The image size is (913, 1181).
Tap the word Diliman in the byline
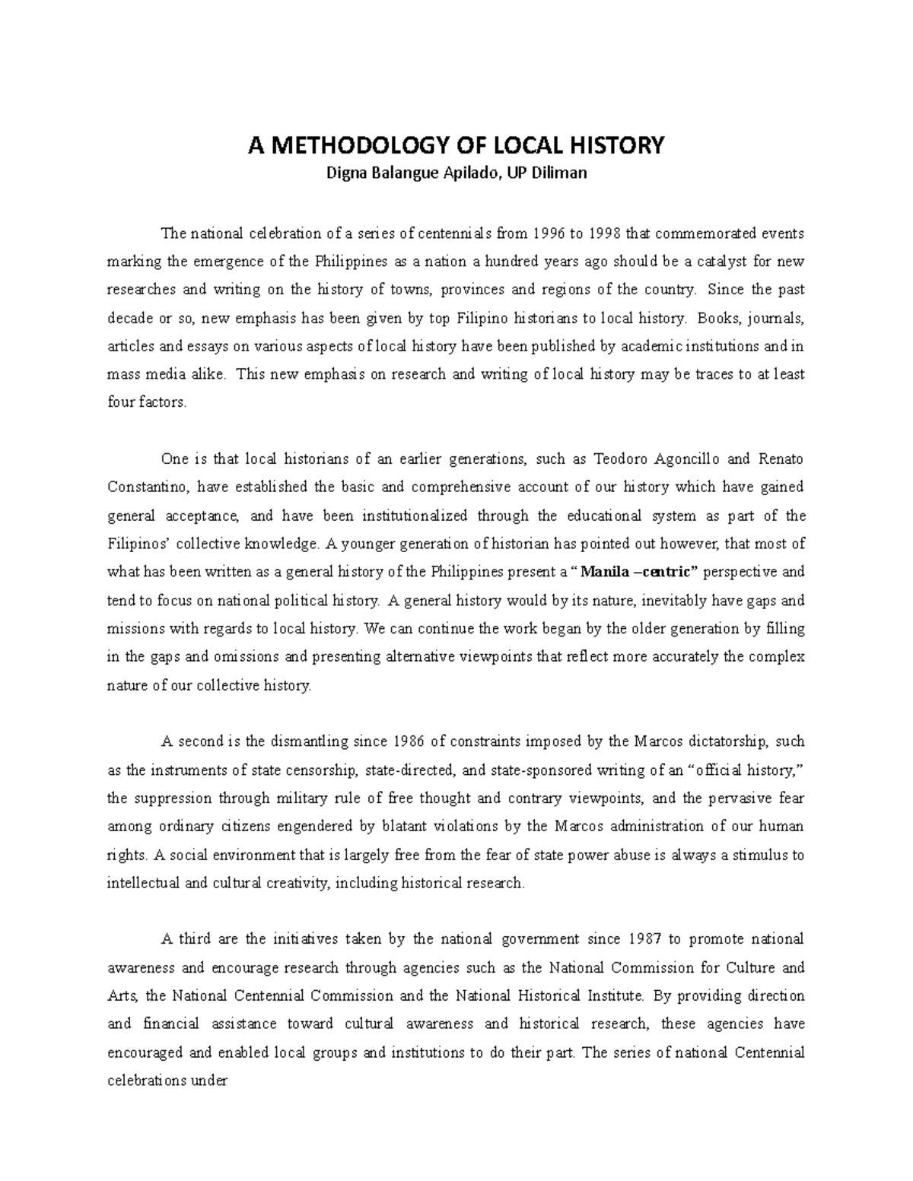pyautogui.click(x=560, y=173)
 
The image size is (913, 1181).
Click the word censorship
pyautogui.click(x=317, y=770)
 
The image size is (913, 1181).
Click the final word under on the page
pyautogui.click(x=212, y=1081)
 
